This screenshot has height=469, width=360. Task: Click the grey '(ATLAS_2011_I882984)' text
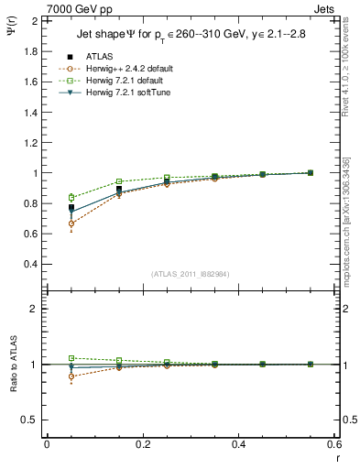tap(190, 274)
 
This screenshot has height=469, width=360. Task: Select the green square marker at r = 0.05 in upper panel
tap(71, 197)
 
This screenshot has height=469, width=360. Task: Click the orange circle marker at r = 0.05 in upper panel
tap(71, 224)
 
